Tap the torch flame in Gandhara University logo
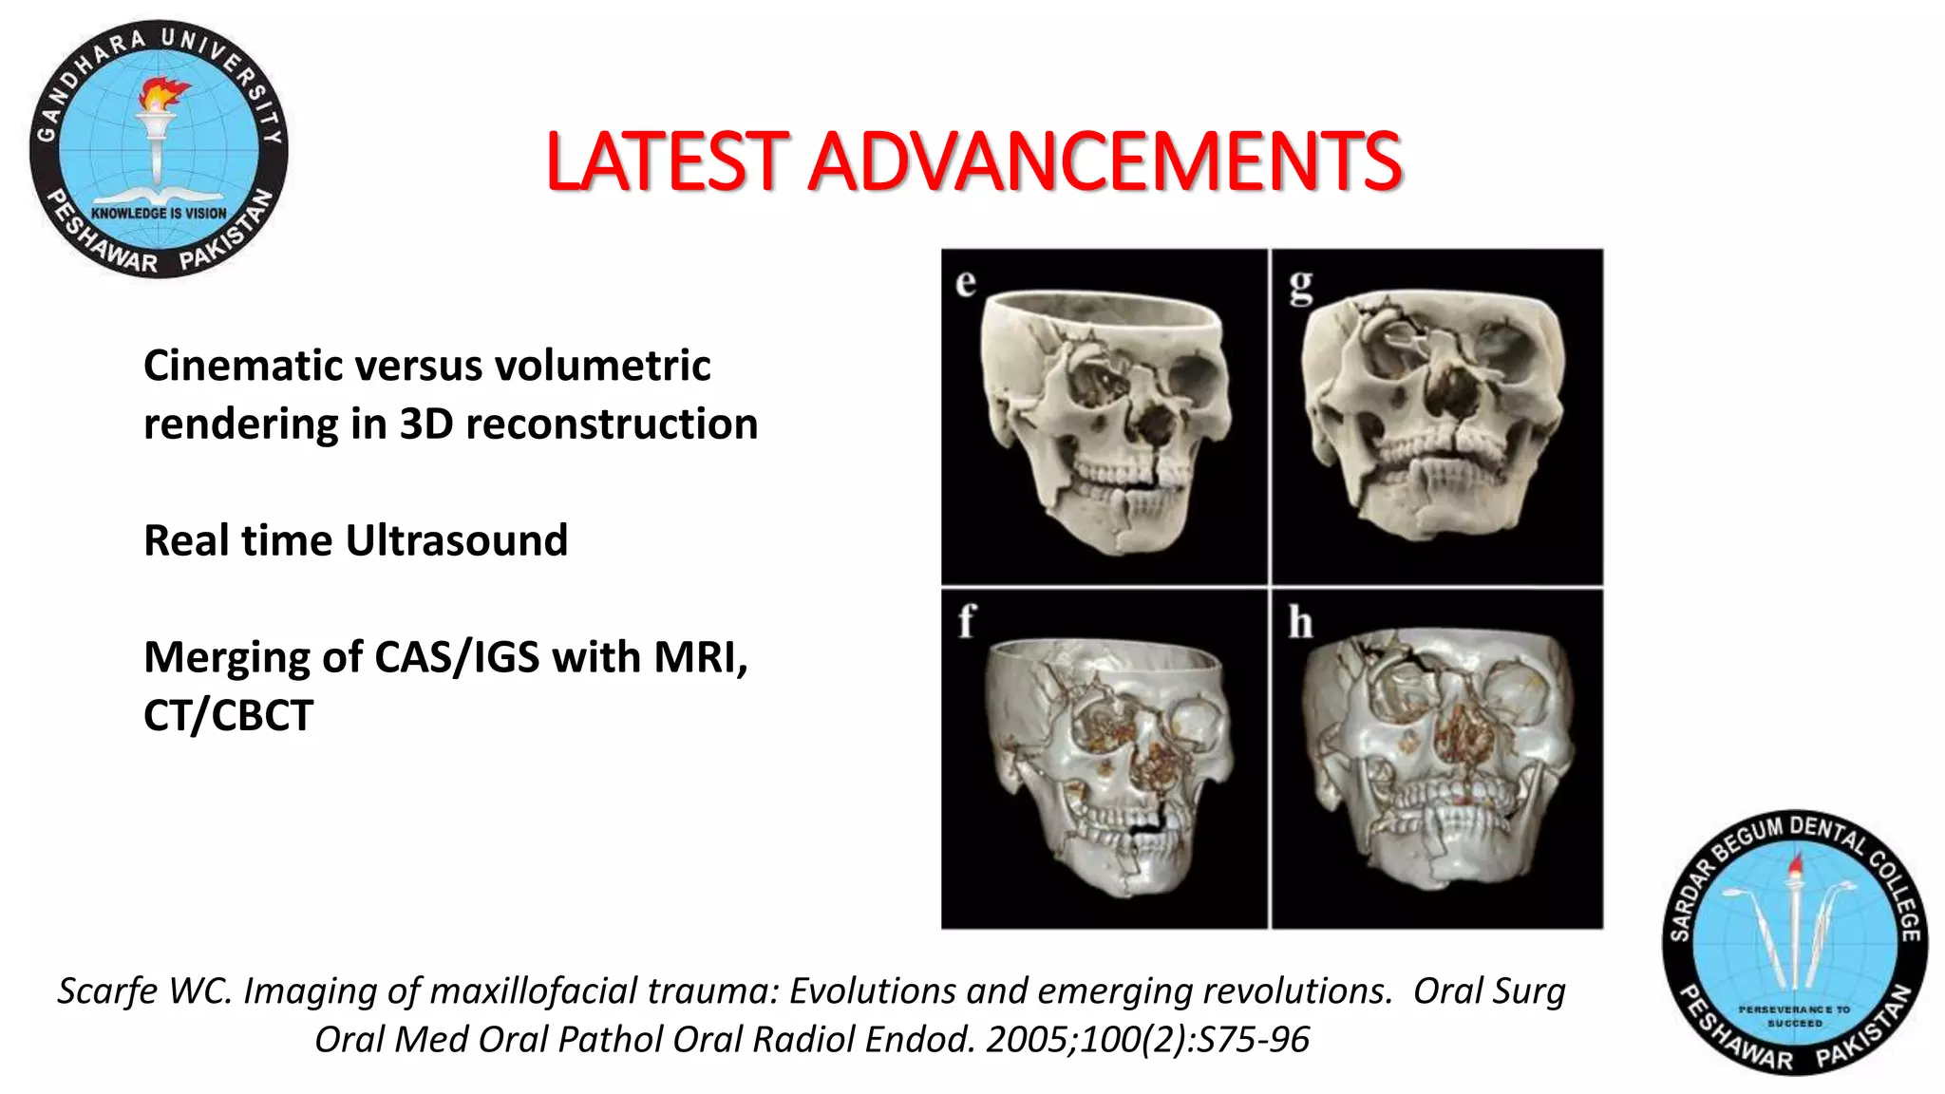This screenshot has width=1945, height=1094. (x=163, y=94)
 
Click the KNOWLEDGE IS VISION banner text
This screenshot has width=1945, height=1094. (x=159, y=214)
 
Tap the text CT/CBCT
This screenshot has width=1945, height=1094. (x=228, y=715)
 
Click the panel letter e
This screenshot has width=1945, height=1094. (x=966, y=283)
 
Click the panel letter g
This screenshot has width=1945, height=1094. (x=1300, y=285)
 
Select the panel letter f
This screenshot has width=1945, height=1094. (x=966, y=621)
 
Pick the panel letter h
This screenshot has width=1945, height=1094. (x=1300, y=623)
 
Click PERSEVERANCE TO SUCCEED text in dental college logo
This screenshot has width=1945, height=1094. (x=1794, y=1016)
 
